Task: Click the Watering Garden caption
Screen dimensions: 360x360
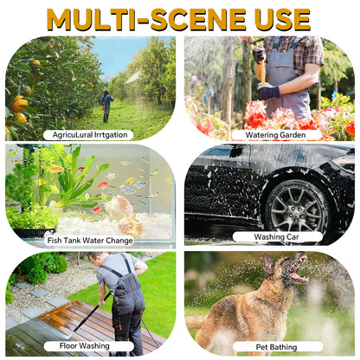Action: (276, 135)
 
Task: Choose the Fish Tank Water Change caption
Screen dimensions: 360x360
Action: (90, 241)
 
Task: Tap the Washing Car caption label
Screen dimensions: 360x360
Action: (277, 237)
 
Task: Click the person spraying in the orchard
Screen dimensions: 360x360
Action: (106, 106)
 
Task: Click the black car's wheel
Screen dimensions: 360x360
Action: (297, 206)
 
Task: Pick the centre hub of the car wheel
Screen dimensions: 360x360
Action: (297, 207)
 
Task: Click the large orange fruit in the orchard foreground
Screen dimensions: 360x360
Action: (19, 105)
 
